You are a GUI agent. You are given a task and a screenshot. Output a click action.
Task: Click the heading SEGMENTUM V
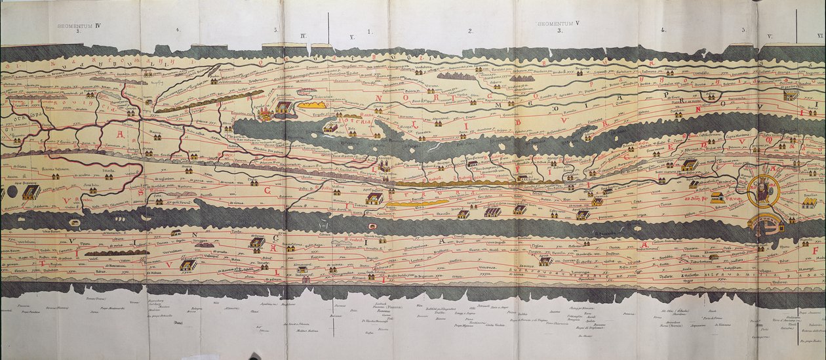point(559,24)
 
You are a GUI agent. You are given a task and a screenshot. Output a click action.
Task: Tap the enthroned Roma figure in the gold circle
point(764,190)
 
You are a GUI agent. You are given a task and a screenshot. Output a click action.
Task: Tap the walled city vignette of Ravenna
point(374,198)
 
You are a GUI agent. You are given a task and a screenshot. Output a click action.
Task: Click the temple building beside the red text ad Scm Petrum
point(718,197)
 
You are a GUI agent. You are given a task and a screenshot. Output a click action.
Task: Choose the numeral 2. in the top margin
point(470,31)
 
